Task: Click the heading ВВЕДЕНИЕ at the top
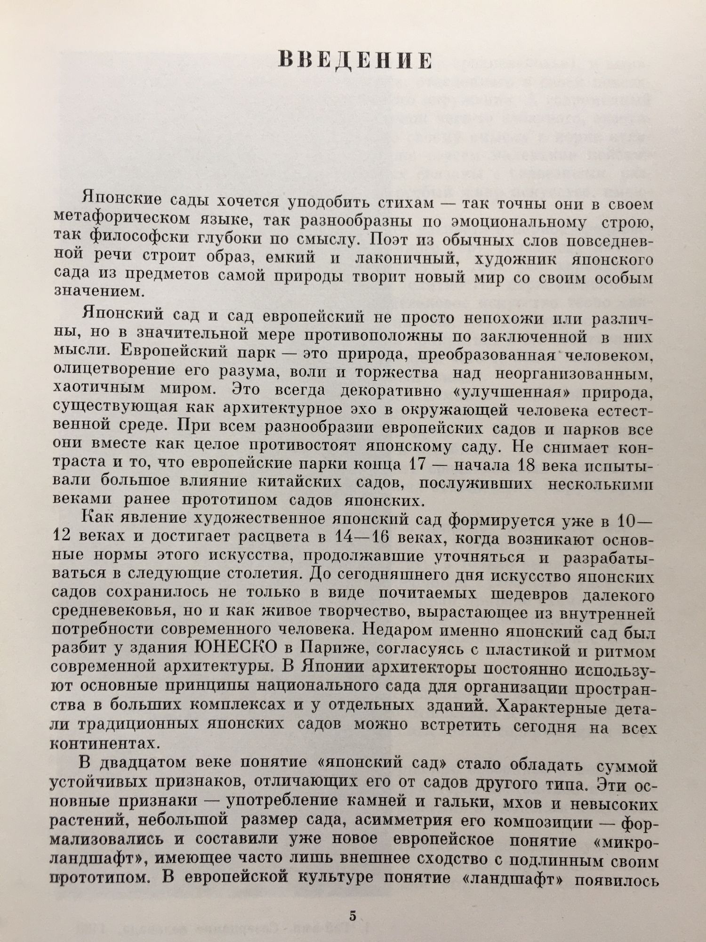355,62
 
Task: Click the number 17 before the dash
415,464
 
